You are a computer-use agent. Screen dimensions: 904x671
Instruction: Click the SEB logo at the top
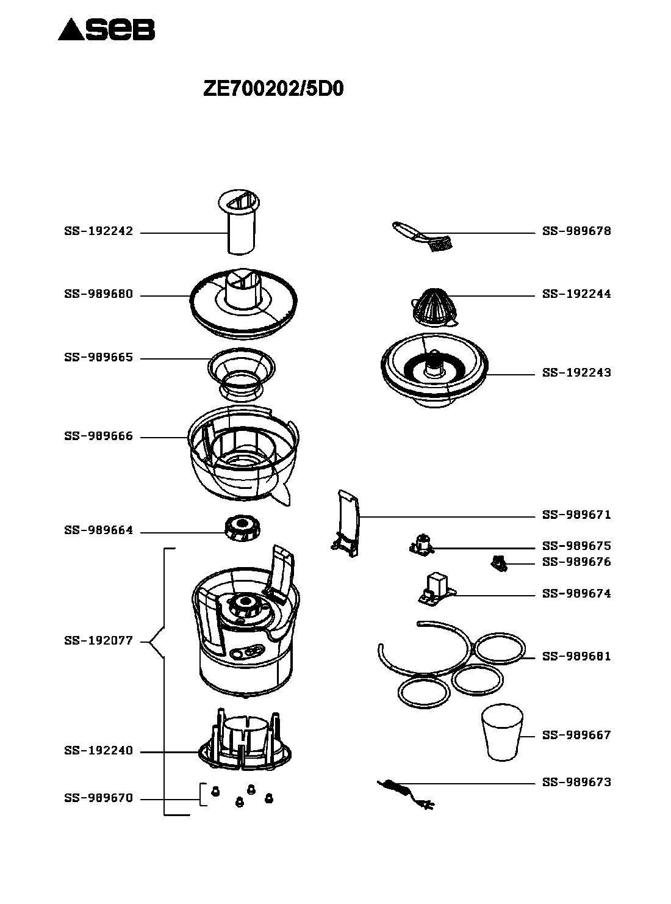[107, 29]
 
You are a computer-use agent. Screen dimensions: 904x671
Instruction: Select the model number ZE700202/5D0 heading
[273, 90]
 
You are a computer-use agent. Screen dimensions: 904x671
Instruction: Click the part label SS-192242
[98, 232]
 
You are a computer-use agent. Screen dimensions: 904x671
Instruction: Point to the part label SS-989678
[576, 231]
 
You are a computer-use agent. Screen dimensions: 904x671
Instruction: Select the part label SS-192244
[576, 294]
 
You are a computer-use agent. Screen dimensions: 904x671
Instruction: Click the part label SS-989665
[98, 358]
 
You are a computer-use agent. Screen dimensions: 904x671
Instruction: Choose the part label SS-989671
[576, 515]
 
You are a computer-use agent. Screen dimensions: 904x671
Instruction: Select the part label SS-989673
[576, 783]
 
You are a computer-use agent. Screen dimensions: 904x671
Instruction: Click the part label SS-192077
[98, 642]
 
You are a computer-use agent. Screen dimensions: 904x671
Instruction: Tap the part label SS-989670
[98, 798]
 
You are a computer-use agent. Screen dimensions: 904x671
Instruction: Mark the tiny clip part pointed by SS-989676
[498, 563]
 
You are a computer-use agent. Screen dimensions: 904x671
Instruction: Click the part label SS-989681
[576, 657]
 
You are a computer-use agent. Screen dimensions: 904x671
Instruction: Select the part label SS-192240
[98, 751]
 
